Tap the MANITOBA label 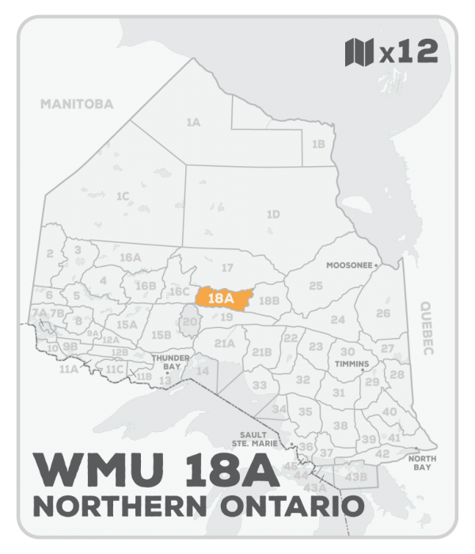(x=78, y=104)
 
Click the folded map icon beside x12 (x=359, y=53)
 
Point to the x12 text (x=408, y=53)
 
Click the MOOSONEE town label (x=349, y=266)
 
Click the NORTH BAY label (x=420, y=463)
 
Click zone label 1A (x=192, y=123)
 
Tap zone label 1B (x=318, y=144)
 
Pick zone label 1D (x=273, y=214)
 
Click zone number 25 (x=316, y=285)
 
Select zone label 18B (x=269, y=301)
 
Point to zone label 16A (x=129, y=258)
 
